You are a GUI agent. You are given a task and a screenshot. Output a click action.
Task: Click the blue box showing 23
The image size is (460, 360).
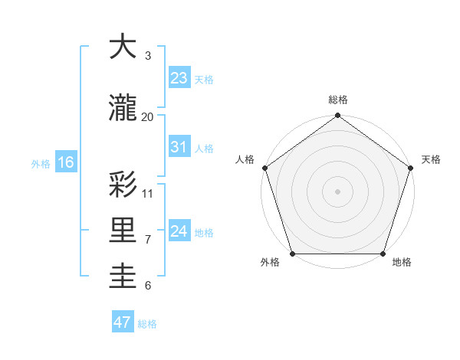point(179,78)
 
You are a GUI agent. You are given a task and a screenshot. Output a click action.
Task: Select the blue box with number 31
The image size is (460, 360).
point(179,147)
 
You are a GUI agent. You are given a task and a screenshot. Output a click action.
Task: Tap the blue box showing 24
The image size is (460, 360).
point(179,231)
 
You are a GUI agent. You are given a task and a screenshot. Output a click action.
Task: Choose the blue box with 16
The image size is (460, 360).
point(65,162)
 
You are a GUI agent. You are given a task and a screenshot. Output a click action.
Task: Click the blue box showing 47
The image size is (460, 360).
point(123,322)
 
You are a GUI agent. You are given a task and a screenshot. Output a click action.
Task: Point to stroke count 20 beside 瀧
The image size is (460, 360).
point(147,116)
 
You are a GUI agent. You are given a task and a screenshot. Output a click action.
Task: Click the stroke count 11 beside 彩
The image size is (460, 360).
point(148,193)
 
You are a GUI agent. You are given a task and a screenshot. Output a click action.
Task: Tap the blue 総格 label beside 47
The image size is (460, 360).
point(147,324)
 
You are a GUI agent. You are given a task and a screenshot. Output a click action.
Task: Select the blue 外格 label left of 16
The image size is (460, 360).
point(41,163)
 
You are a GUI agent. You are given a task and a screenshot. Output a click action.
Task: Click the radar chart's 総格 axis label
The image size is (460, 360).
point(338,100)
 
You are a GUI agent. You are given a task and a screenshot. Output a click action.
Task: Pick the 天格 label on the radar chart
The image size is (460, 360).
point(432,159)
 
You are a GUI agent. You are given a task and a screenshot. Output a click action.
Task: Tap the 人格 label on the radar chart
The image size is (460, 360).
point(245,159)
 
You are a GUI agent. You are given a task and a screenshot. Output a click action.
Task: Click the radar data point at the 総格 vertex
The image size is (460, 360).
point(338,116)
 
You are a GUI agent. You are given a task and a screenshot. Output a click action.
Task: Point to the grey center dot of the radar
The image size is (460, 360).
point(338,191)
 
